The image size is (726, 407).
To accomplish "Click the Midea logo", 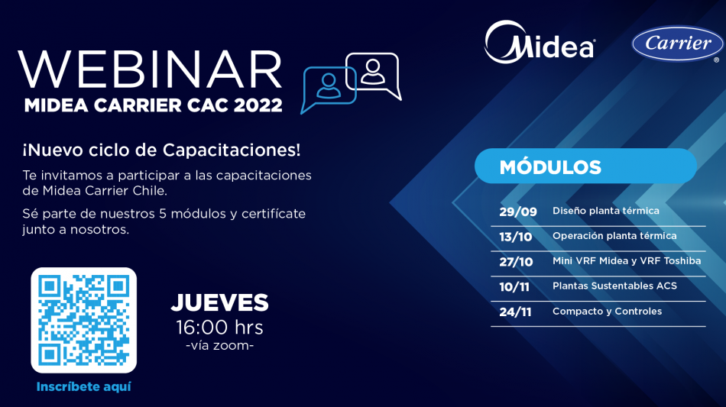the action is [540, 42].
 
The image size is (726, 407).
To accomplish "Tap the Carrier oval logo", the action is [677, 44].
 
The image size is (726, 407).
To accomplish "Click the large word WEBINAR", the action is [150, 69].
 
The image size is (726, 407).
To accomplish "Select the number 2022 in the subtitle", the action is [258, 105].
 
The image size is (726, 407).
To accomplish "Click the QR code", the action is [84, 320].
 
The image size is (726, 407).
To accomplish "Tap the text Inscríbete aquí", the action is [84, 386].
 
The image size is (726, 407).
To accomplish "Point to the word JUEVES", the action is [219, 302].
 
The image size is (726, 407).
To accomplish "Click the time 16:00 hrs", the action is [219, 328].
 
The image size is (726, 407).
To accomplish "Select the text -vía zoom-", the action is [219, 345].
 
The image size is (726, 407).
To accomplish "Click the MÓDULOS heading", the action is [550, 167].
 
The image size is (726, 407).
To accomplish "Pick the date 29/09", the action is [518, 212].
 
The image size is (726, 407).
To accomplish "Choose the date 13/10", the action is [516, 237].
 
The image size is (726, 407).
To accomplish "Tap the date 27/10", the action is [517, 262].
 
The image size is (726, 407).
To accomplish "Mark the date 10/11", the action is [514, 287].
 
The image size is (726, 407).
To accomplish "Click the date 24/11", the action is [515, 312].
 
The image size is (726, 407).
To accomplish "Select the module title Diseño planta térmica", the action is [605, 211].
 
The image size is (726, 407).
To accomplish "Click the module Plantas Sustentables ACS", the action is [614, 286].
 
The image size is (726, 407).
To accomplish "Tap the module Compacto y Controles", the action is [607, 312].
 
